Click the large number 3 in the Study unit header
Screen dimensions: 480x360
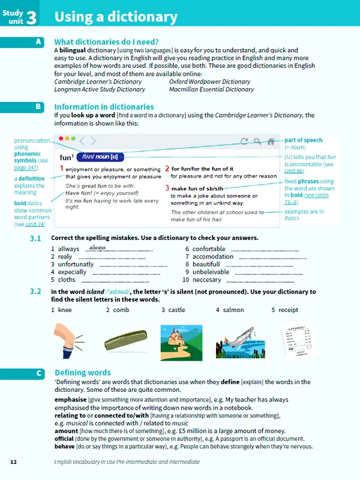(x=31, y=16)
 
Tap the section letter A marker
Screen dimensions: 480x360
(x=38, y=42)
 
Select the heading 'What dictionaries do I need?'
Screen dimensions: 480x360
(x=106, y=42)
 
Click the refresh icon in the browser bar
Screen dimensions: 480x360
(x=244, y=142)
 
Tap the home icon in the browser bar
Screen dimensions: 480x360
(x=271, y=142)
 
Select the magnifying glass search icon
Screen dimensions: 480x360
(x=257, y=142)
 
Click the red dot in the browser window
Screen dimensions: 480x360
(x=61, y=139)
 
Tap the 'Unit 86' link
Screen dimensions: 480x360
(x=294, y=172)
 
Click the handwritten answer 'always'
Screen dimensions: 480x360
(x=97, y=247)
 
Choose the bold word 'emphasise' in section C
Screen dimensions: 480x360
(x=70, y=399)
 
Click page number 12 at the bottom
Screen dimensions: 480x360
(x=14, y=462)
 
